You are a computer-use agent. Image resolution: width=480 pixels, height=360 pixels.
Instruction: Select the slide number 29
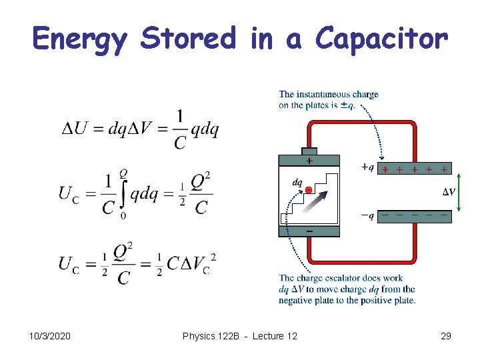[446, 336]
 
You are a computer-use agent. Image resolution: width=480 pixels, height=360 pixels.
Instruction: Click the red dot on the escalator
[309, 191]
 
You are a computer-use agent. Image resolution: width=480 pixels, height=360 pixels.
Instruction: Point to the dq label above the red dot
[297, 181]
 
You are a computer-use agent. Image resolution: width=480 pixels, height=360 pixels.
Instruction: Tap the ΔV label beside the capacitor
[449, 192]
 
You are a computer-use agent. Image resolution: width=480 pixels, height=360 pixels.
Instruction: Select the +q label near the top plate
[367, 167]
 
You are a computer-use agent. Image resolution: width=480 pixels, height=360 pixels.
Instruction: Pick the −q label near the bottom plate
[367, 215]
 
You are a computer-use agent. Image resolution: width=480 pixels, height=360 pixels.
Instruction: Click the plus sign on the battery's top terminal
[309, 161]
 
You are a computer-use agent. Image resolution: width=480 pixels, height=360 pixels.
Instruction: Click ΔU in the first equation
[75, 129]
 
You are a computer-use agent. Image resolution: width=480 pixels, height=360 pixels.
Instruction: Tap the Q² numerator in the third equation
[123, 253]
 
